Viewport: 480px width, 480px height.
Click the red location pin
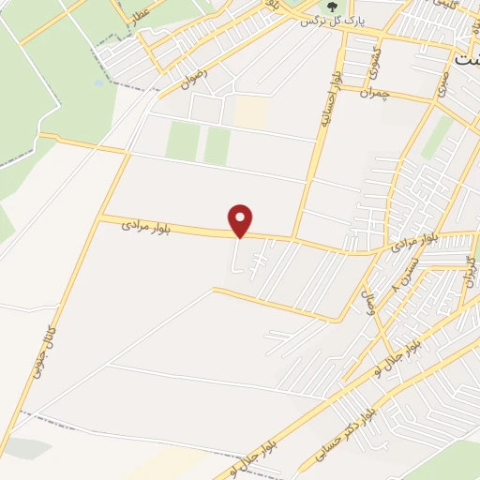coord(242,220)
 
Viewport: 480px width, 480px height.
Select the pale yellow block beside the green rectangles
coord(250,112)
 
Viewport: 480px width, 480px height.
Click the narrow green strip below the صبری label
coord(436,136)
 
